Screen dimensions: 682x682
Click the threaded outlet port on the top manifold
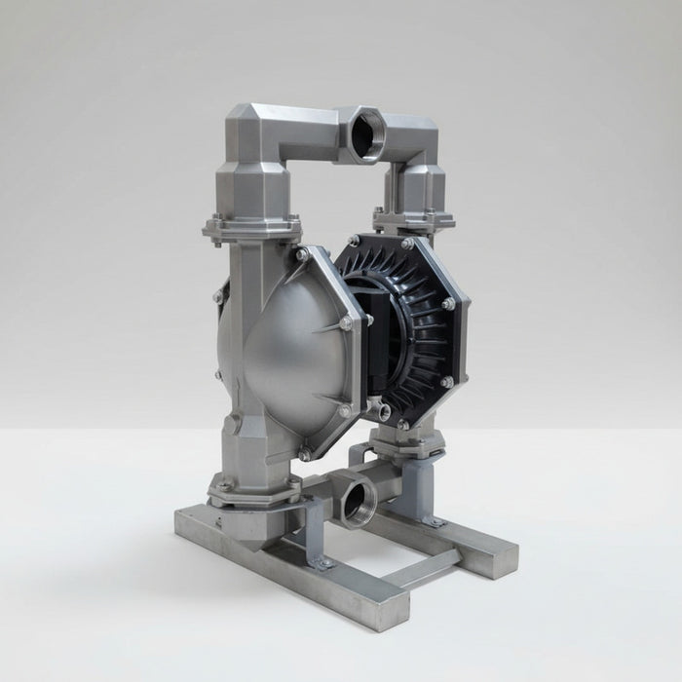(369, 126)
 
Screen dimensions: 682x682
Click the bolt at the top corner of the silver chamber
(302, 255)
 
